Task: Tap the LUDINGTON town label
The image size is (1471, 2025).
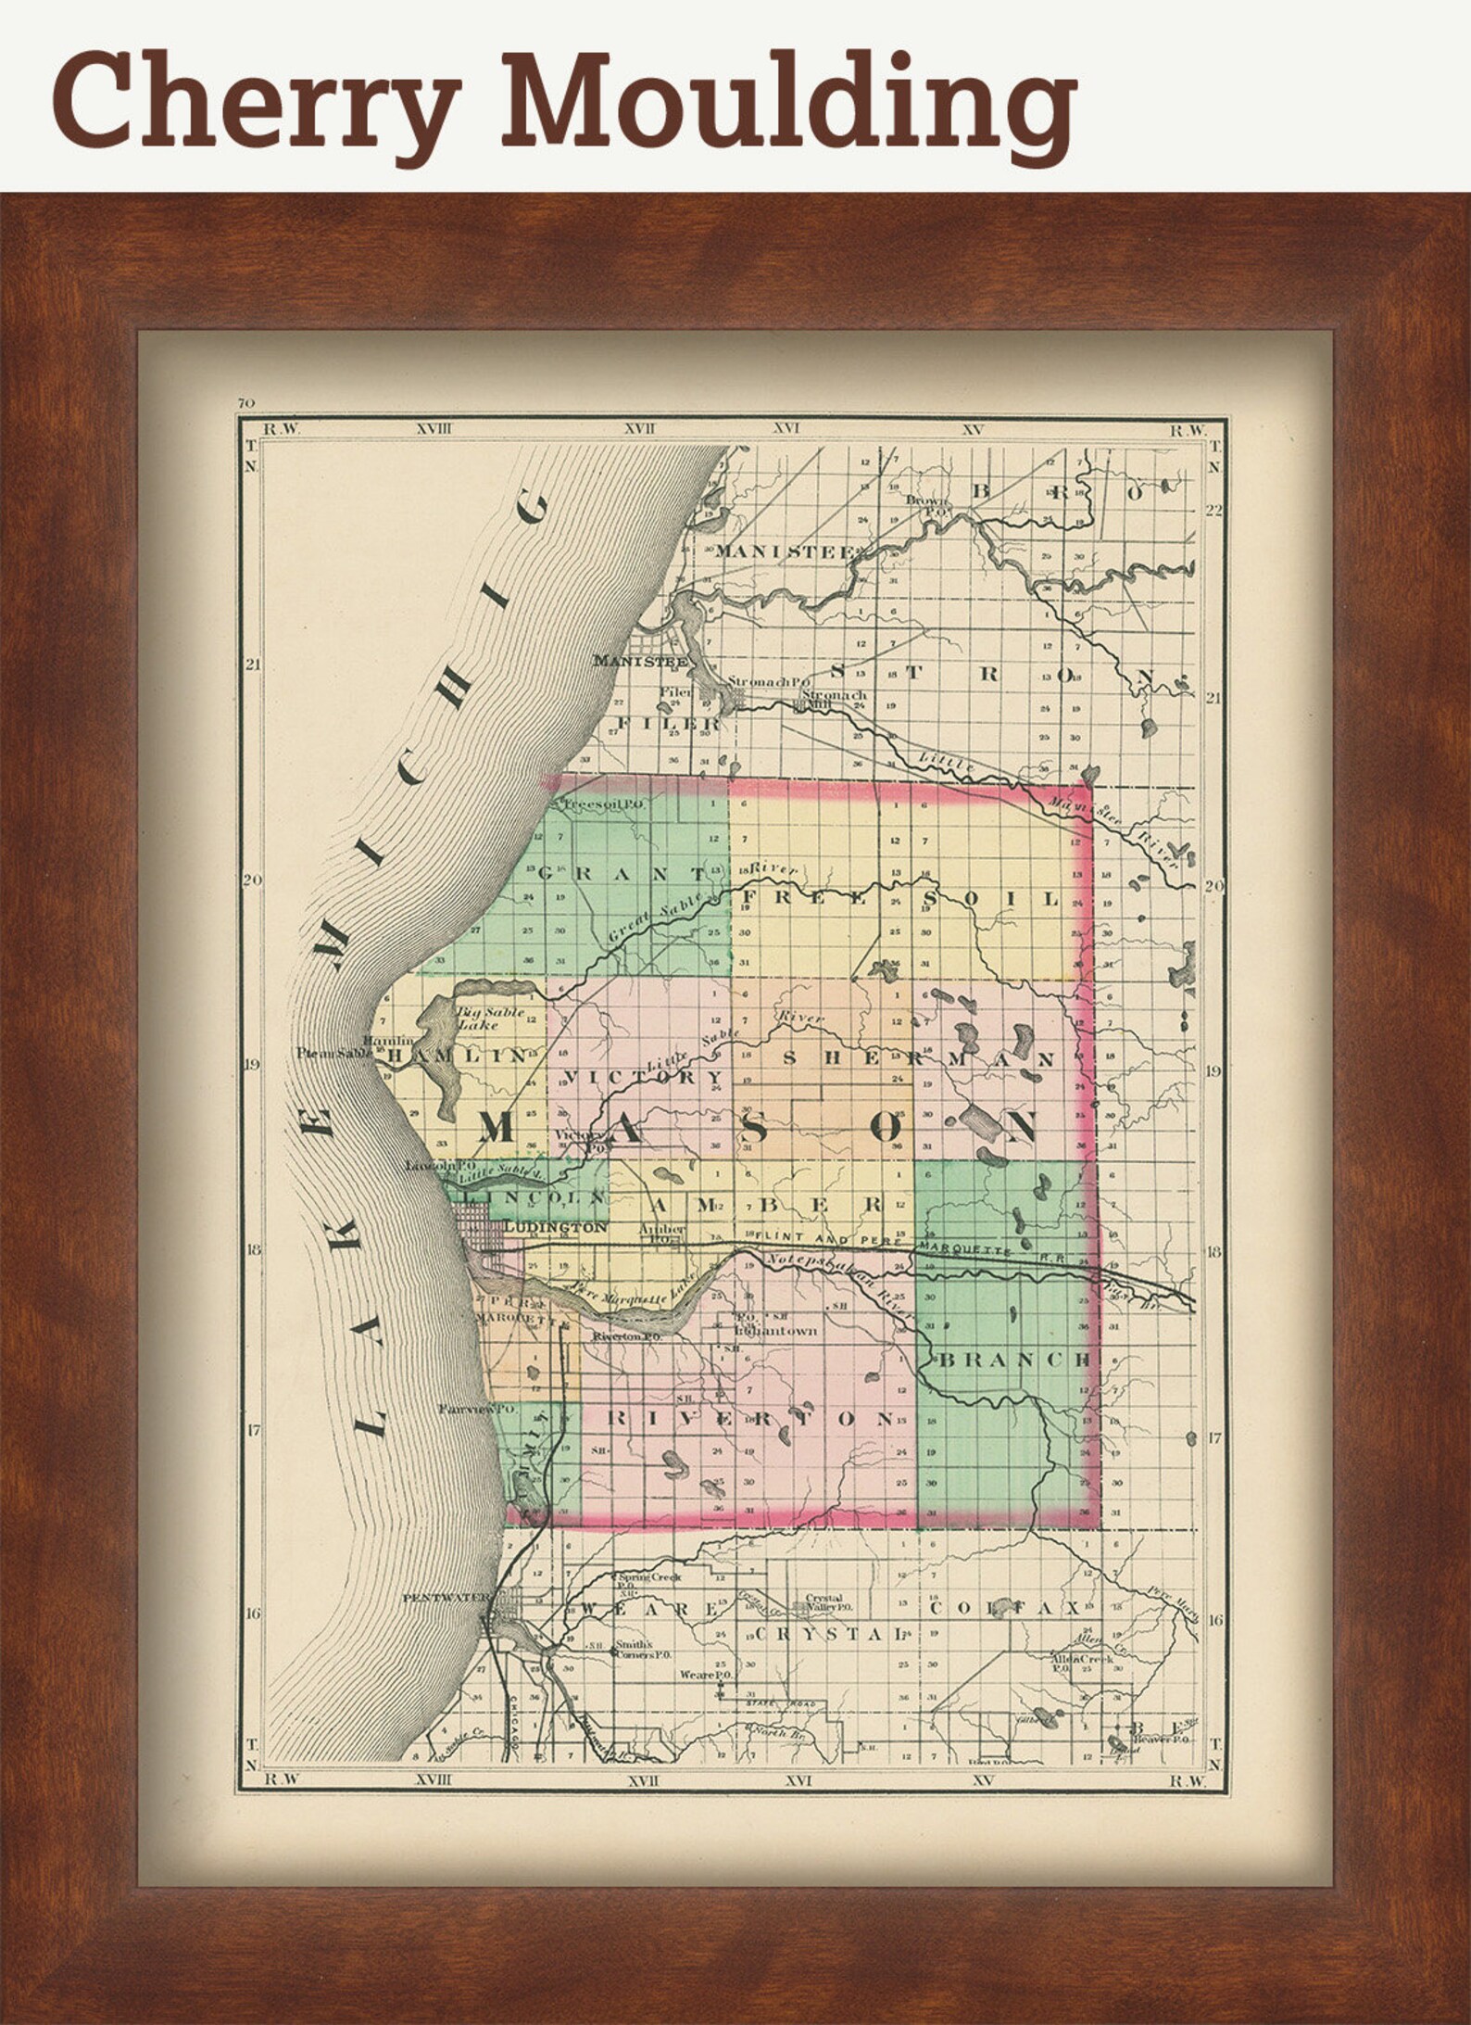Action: (x=555, y=1227)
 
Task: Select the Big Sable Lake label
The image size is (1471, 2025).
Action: (x=490, y=1019)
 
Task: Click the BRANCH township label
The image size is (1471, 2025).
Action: (x=1015, y=1360)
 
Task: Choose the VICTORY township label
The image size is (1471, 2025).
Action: (x=642, y=1077)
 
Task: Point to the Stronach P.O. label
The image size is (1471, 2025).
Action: (x=761, y=681)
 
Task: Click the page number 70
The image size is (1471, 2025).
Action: (x=245, y=403)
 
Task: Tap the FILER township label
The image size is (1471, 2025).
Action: (x=668, y=723)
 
